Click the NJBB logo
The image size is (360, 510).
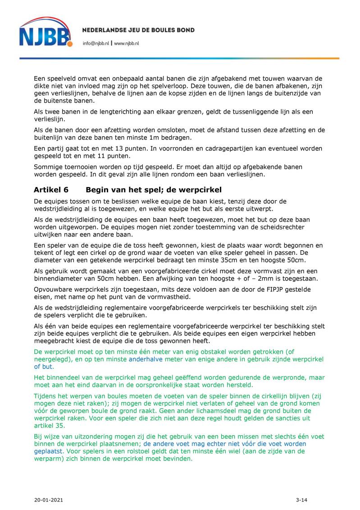[45, 32]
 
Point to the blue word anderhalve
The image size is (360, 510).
[146, 359]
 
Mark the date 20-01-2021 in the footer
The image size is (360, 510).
[48, 500]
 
